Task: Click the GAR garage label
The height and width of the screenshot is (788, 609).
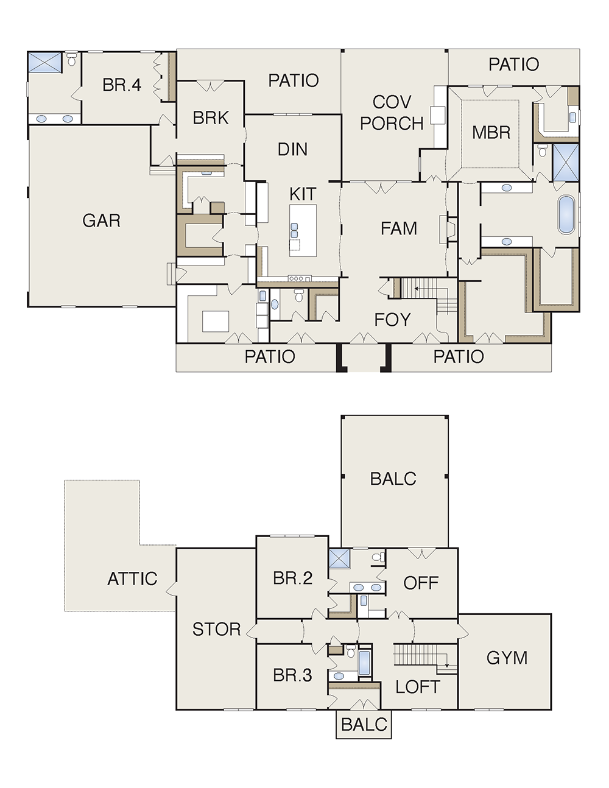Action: coord(102,220)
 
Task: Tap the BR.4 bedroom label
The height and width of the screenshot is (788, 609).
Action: coord(122,85)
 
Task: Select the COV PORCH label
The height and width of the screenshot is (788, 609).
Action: coord(392,113)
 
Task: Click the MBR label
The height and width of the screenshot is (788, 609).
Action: coord(491,132)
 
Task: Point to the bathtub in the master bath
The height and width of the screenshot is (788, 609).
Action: coord(566,215)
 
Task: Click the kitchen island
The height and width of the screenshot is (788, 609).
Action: coord(303,231)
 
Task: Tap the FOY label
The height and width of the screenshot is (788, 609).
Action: coord(392,320)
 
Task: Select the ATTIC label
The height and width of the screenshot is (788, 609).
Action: coord(132,579)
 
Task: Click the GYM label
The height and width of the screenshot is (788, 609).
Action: coord(507,658)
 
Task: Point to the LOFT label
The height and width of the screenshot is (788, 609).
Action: coord(418,687)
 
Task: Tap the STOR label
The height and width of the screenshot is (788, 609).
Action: coord(216,629)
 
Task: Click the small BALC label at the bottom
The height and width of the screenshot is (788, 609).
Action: coord(364,725)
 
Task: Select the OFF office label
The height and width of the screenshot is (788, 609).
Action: coord(421,583)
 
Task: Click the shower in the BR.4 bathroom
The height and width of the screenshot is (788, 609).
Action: coord(45,62)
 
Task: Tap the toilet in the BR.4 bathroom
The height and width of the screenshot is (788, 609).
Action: coord(72,59)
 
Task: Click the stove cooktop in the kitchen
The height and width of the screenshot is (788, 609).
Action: coord(300,278)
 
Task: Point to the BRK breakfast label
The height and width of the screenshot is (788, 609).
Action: coord(211,118)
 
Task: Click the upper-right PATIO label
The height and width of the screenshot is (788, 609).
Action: coord(513,65)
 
